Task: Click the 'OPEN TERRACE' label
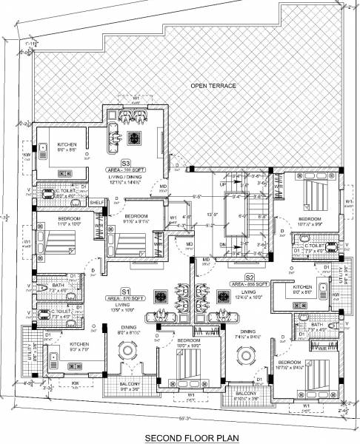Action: coord(213,87)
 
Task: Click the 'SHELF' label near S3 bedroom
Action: coord(96,202)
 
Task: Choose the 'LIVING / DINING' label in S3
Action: coord(126,177)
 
